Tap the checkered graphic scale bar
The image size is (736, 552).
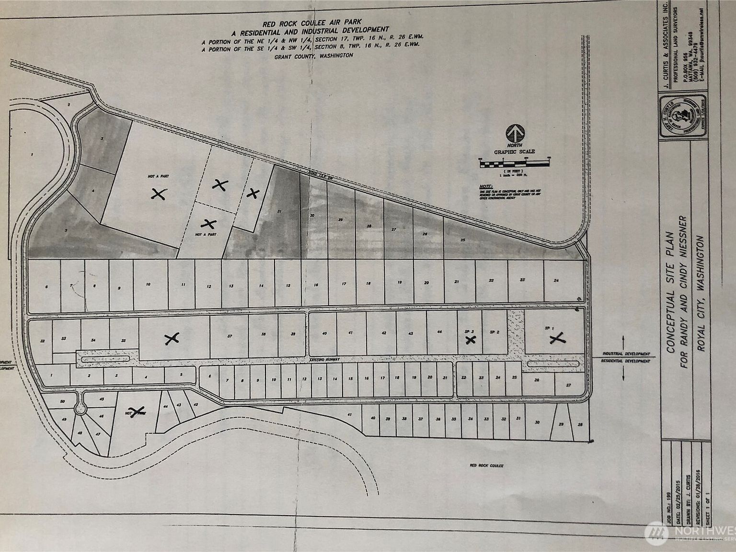pos(514,164)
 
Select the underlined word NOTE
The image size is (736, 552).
pos(486,186)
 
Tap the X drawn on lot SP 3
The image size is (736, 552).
pos(471,340)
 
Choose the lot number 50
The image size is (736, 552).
pos(62,402)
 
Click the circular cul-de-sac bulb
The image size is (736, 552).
pos(80,409)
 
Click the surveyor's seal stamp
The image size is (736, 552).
pos(677,118)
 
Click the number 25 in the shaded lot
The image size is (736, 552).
pos(463,239)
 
